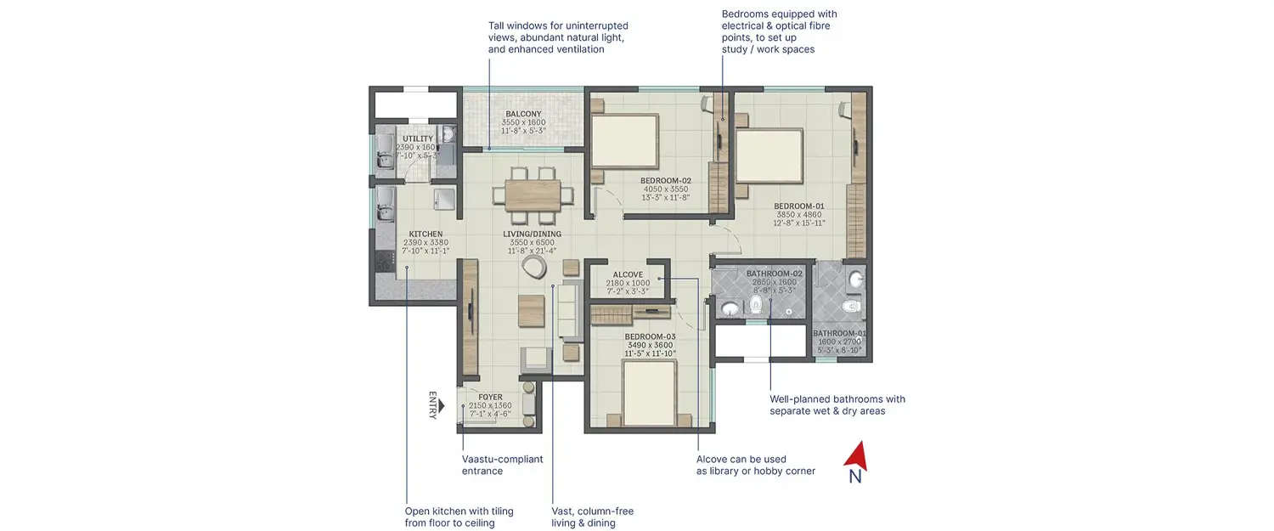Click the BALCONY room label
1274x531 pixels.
(523, 114)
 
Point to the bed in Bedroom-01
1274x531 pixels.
(769, 156)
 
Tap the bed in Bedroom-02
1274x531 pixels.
(625, 141)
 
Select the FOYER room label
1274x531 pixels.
(490, 397)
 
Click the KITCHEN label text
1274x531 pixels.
(426, 234)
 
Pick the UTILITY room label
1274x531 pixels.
(418, 138)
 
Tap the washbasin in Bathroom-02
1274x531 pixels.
(730, 307)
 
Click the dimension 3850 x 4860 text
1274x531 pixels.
(798, 215)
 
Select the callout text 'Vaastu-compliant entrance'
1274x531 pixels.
(502, 465)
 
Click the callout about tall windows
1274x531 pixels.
(557, 38)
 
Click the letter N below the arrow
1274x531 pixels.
(855, 477)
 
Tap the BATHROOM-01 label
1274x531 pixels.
(839, 333)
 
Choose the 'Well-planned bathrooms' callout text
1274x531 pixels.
(837, 404)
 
